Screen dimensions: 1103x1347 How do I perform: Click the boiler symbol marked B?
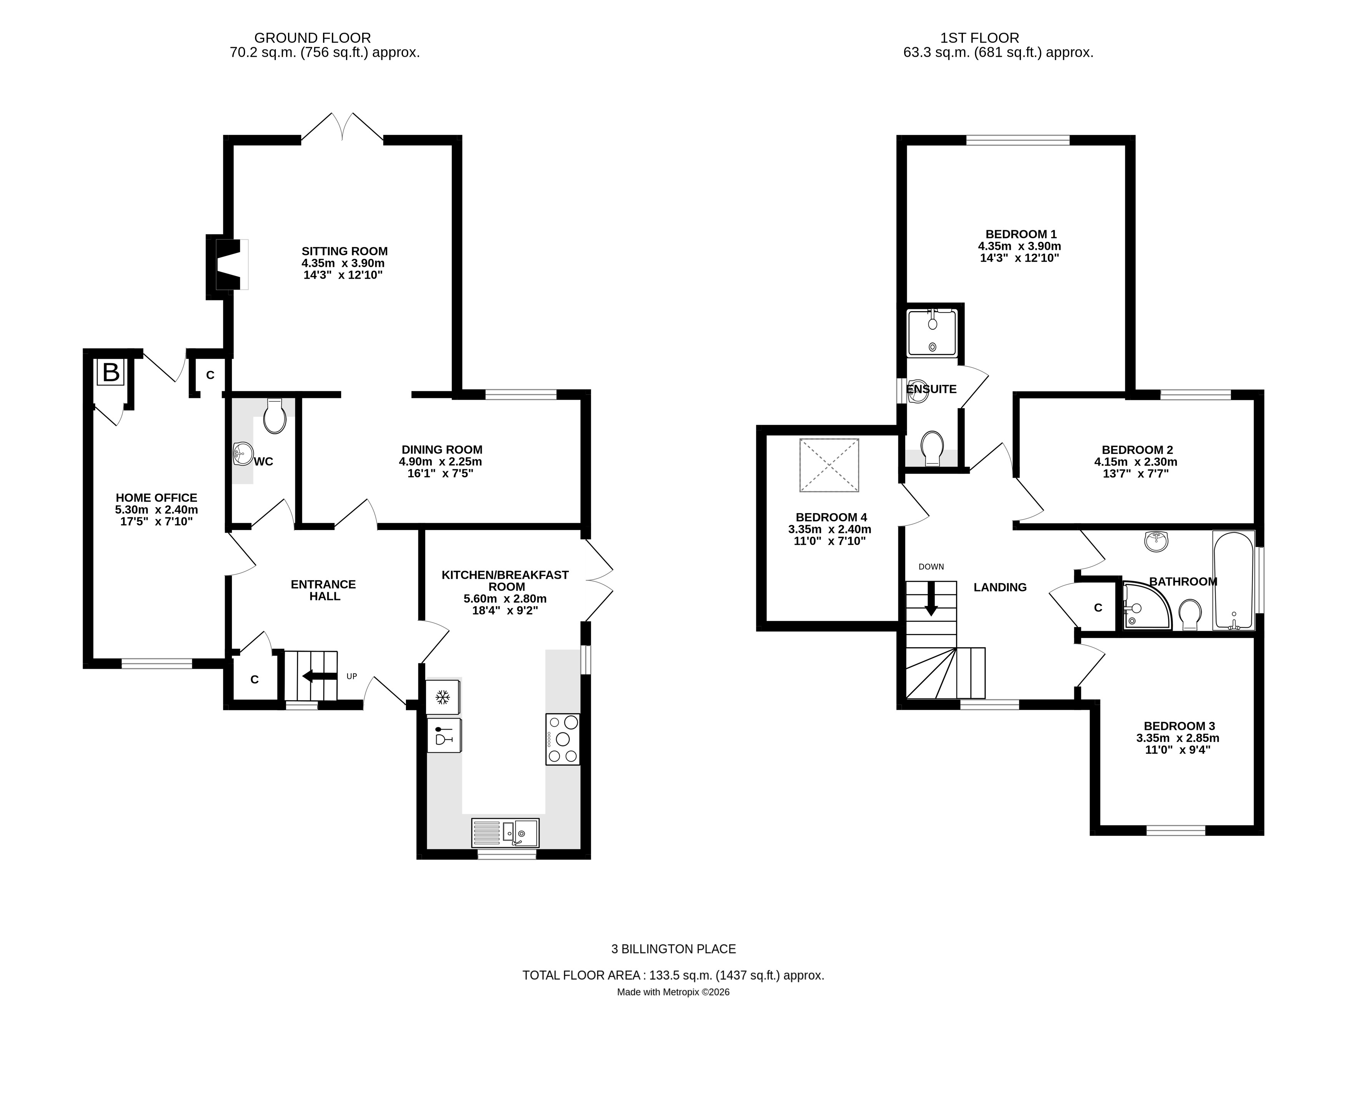click(x=111, y=372)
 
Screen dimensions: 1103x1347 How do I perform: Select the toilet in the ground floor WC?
click(x=275, y=416)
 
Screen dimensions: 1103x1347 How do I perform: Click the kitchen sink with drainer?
click(x=505, y=832)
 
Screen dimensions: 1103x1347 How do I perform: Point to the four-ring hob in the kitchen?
click(x=562, y=739)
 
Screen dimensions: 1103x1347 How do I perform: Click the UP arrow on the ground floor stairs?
click(x=320, y=676)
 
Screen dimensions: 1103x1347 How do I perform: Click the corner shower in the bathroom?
click(x=1145, y=606)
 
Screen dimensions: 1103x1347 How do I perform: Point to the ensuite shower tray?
click(x=931, y=332)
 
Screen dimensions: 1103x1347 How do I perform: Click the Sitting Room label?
click(x=345, y=251)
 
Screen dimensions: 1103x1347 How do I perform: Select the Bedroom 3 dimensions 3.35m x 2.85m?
click(x=1177, y=738)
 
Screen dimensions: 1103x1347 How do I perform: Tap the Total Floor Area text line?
click(x=673, y=975)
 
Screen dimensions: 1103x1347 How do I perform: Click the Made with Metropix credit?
click(x=673, y=992)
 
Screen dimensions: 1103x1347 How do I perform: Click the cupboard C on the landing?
click(x=1097, y=608)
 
